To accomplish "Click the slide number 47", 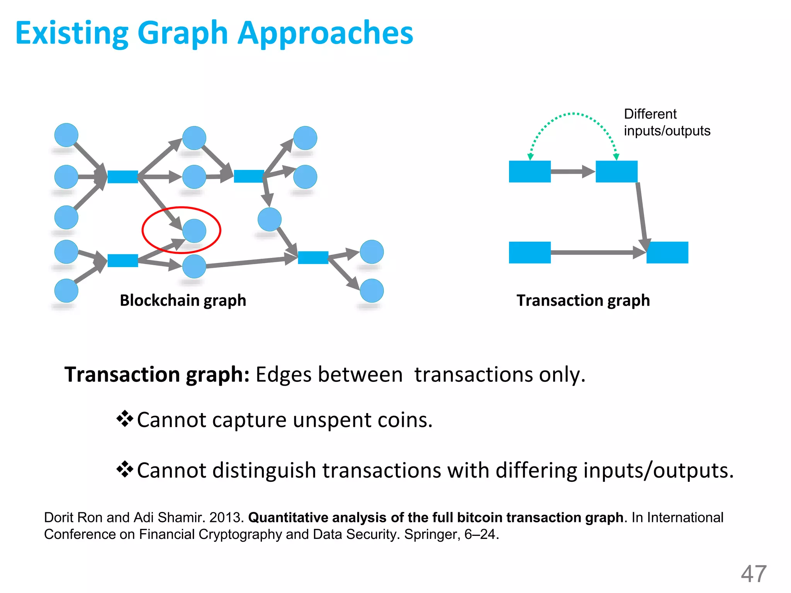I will pyautogui.click(x=753, y=574).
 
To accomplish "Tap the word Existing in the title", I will pyautogui.click(x=72, y=33).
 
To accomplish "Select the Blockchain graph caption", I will pyautogui.click(x=183, y=300).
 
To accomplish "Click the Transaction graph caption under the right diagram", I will pyautogui.click(x=583, y=300).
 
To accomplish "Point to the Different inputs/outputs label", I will pyautogui.click(x=667, y=122).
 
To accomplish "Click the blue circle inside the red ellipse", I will pyautogui.click(x=194, y=231).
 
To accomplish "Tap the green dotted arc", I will pyautogui.click(x=573, y=114).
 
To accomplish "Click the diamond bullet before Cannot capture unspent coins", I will pyautogui.click(x=125, y=419).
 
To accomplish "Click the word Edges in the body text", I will pyautogui.click(x=283, y=374).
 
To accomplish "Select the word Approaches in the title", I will pyautogui.click(x=325, y=33).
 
